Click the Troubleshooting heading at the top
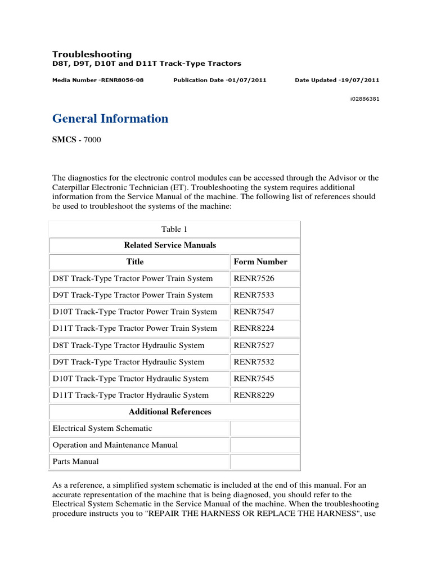point(92,55)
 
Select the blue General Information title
point(110,119)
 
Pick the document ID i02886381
point(364,98)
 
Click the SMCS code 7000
point(92,139)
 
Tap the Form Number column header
point(260,262)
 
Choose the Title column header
point(135,262)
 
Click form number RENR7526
point(254,278)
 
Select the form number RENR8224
point(254,328)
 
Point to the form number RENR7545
point(254,379)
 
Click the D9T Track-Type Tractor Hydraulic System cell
point(128,362)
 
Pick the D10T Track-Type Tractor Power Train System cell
point(134,312)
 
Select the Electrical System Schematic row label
point(102,429)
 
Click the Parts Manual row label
point(75,462)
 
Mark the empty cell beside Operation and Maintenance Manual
point(265,445)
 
